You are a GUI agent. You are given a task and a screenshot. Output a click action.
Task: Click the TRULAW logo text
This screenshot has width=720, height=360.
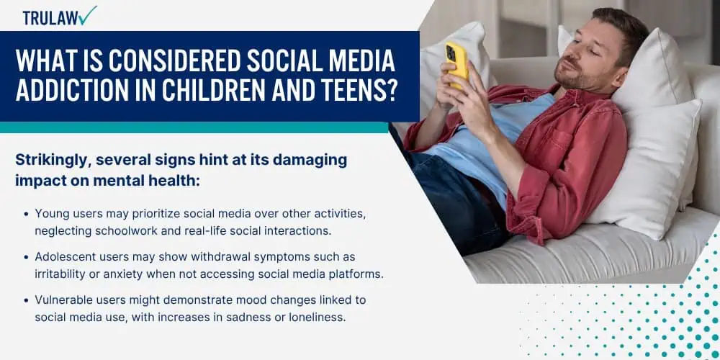[50, 17]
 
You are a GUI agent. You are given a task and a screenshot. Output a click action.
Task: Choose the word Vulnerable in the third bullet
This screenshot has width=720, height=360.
[61, 300]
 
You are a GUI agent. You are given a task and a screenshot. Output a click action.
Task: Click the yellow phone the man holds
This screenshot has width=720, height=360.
[456, 64]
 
